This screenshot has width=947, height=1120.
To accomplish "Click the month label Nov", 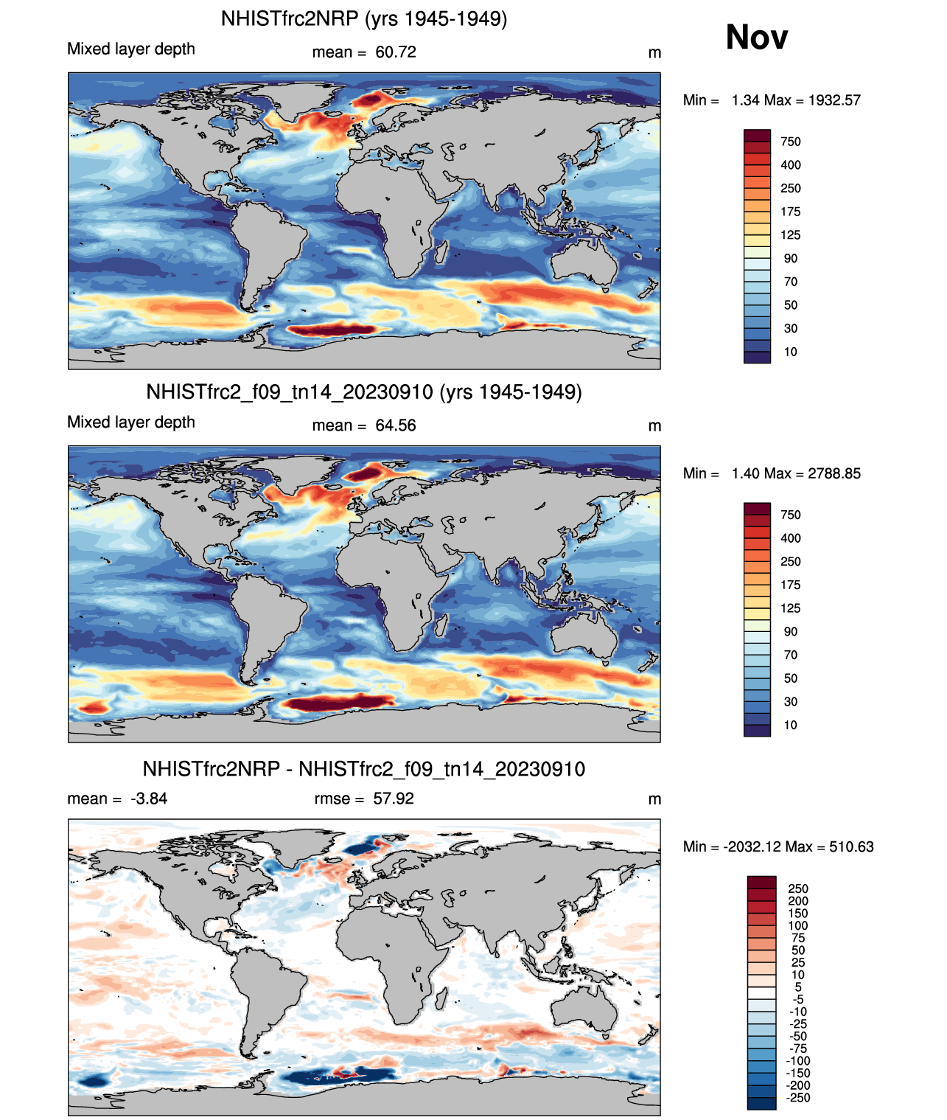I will point(756,38).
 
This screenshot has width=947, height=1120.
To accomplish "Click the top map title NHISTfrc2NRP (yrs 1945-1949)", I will point(364,19).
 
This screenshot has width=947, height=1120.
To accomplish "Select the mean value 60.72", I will point(396,52).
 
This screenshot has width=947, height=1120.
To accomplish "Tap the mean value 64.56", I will point(396,425).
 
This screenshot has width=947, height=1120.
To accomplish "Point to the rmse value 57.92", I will point(394,799).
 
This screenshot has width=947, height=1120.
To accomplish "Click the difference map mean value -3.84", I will point(149,799).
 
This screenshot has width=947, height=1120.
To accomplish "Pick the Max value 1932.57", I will point(834,100).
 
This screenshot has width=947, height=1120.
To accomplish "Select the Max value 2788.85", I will point(834,473).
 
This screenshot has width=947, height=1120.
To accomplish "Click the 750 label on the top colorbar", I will point(791,142).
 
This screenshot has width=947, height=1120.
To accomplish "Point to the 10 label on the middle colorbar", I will point(790,725).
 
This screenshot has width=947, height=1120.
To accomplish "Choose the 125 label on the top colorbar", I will point(791,235).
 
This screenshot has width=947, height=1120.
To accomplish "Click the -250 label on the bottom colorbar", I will point(798,1098).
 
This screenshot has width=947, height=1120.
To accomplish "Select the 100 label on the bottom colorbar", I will point(798,925).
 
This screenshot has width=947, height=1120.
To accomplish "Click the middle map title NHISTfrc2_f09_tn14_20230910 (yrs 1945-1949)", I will point(364,392).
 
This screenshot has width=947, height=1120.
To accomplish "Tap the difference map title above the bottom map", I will point(364,769).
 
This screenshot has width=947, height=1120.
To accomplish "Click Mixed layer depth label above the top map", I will point(131,49).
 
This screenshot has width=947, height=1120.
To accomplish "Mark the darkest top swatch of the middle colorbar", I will point(757,509).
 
